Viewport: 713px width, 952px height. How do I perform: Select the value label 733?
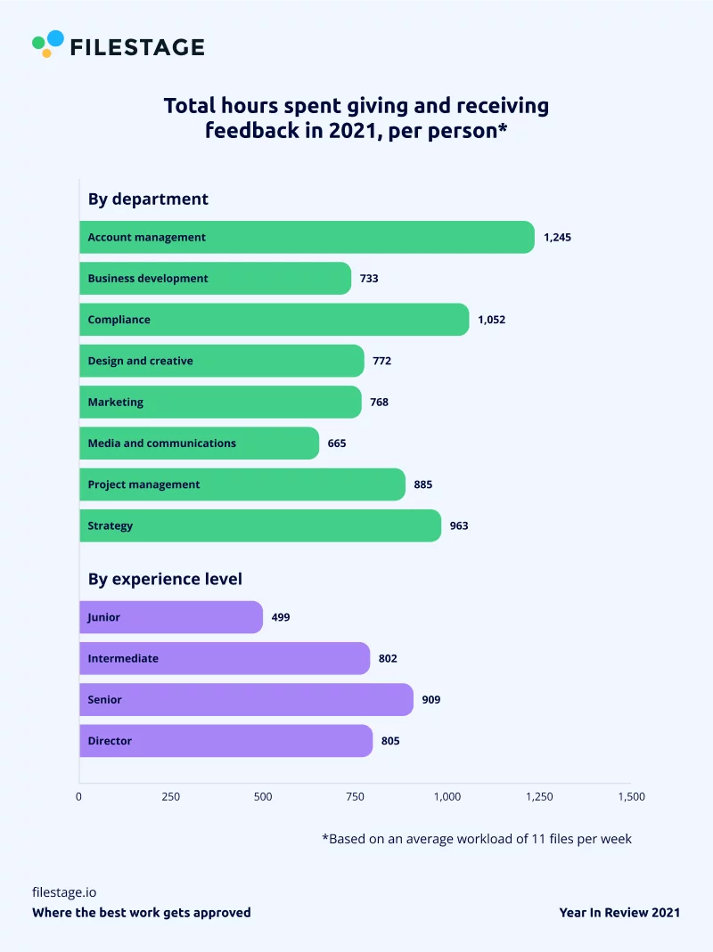coord(369,279)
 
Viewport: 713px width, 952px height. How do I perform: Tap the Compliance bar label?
coord(119,320)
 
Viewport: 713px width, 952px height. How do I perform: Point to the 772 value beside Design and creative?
coord(381,362)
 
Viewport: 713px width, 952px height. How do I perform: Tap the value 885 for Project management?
coord(422,485)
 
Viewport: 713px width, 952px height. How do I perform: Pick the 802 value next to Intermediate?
coord(388,659)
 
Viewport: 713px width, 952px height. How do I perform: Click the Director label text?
coord(110,741)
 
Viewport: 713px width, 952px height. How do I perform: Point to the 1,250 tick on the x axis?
coord(538,797)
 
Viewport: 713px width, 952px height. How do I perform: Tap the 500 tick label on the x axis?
coord(263,797)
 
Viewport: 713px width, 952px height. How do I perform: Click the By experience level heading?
coord(165,579)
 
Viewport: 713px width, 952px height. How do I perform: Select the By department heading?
coord(148,199)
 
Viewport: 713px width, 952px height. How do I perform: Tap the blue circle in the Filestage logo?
coord(55,38)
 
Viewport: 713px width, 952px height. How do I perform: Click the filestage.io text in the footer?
coord(63,891)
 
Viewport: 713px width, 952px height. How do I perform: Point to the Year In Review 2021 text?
coord(619,913)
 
